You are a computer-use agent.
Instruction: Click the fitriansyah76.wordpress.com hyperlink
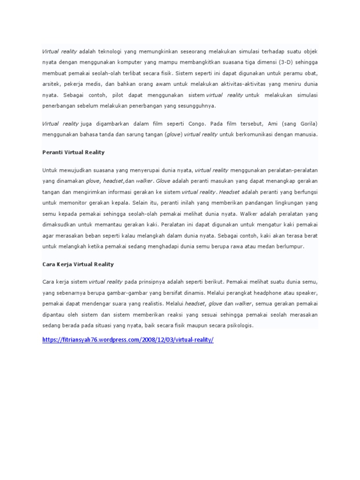tap(127, 339)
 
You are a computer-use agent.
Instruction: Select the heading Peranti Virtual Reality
tap(73, 152)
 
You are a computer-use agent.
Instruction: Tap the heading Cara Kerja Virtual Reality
tap(77, 264)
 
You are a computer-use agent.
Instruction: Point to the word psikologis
tap(238, 325)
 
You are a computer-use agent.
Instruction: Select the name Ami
tap(274, 123)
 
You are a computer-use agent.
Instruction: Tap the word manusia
tap(306, 134)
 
